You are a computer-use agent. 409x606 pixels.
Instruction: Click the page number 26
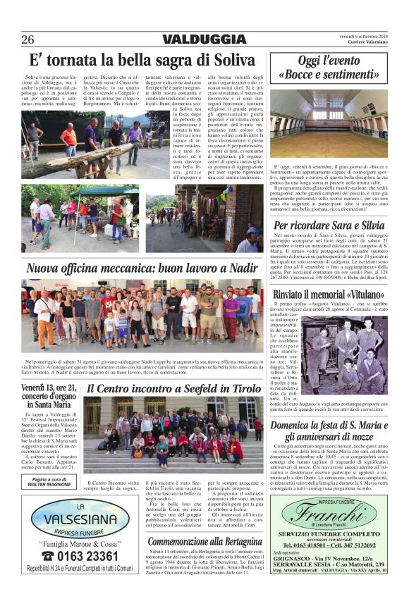click(28, 39)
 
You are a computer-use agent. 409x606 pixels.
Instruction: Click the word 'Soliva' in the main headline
click(226, 59)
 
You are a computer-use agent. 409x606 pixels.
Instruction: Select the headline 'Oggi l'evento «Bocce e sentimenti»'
click(328, 68)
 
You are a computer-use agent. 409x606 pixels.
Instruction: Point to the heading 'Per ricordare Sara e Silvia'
click(329, 225)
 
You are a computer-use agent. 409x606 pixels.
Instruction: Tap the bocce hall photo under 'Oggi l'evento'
click(328, 122)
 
